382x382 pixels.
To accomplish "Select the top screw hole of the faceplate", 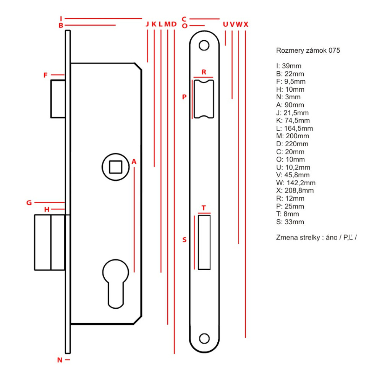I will (205, 45).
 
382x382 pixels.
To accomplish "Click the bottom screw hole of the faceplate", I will (205, 338).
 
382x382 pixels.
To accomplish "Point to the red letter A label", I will (134, 162).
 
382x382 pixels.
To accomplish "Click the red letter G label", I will (29, 202).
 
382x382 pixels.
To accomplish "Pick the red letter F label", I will (45, 75).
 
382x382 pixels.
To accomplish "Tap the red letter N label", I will (60, 359).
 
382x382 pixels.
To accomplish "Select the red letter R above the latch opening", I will (204, 72).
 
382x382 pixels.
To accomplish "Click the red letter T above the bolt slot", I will (204, 208).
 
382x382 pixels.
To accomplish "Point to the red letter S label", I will (185, 240).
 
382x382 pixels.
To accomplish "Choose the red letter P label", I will (184, 97).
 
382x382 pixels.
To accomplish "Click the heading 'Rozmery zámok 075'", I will (308, 50).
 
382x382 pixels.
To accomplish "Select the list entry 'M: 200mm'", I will (292, 136).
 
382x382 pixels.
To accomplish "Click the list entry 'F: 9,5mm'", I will (291, 81).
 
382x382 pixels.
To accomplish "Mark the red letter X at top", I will (246, 24).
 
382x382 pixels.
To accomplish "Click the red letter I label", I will (61, 18).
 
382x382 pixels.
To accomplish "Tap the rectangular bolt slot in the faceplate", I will (204, 242).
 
